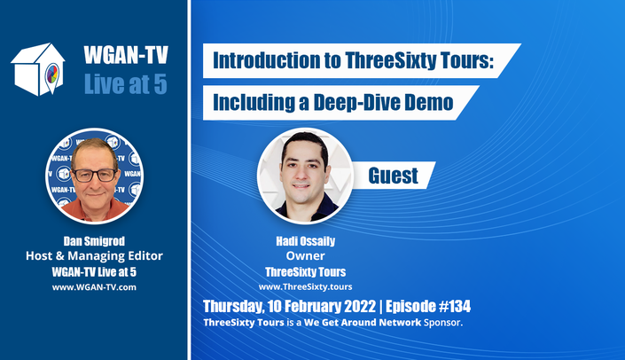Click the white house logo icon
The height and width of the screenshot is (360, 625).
pyautogui.click(x=38, y=69)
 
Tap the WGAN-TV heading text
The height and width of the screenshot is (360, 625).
pyautogui.click(x=126, y=55)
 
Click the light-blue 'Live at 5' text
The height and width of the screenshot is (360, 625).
pyautogui.click(x=126, y=84)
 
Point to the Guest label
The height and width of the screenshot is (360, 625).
pyautogui.click(x=393, y=176)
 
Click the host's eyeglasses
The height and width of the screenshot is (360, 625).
pyautogui.click(x=95, y=175)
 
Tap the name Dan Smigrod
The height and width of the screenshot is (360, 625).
pyautogui.click(x=94, y=241)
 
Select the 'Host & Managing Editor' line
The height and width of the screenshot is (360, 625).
pyautogui.click(x=94, y=255)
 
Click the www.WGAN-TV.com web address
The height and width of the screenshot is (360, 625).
pyautogui.click(x=94, y=287)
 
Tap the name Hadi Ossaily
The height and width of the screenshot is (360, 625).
pyautogui.click(x=305, y=241)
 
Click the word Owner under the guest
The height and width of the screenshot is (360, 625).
pyautogui.click(x=305, y=255)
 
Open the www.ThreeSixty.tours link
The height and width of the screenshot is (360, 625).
pyautogui.click(x=305, y=286)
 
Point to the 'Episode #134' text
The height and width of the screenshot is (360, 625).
pyautogui.click(x=428, y=306)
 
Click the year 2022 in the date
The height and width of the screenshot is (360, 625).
pyautogui.click(x=360, y=306)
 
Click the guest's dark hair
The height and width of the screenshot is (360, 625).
pyautogui.click(x=305, y=142)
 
